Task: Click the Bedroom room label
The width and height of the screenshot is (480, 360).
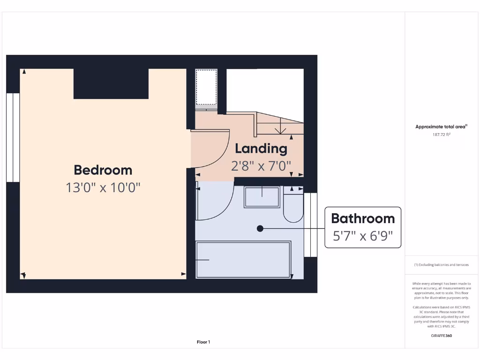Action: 103,170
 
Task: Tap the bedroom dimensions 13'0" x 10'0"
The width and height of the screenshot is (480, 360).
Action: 103,187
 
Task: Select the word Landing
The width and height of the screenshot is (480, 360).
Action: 261,149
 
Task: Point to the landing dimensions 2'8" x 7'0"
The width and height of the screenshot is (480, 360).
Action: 261,165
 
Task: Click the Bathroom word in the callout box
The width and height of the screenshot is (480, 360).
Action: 363,218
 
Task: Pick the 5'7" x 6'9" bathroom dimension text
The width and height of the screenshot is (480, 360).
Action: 363,236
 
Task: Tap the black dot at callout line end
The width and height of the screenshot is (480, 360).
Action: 260,228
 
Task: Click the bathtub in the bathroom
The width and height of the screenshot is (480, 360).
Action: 243,260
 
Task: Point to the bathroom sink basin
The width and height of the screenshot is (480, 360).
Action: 262,196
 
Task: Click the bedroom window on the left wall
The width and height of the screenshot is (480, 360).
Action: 13,137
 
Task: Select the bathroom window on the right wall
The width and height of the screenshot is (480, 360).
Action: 311,225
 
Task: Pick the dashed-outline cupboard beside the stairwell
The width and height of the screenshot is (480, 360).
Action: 206,87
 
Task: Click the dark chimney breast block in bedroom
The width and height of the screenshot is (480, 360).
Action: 111,83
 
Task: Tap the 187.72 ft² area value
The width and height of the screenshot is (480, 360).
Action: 441,135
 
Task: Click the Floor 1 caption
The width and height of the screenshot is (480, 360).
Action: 203,342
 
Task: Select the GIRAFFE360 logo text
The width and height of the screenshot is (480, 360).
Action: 441,336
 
